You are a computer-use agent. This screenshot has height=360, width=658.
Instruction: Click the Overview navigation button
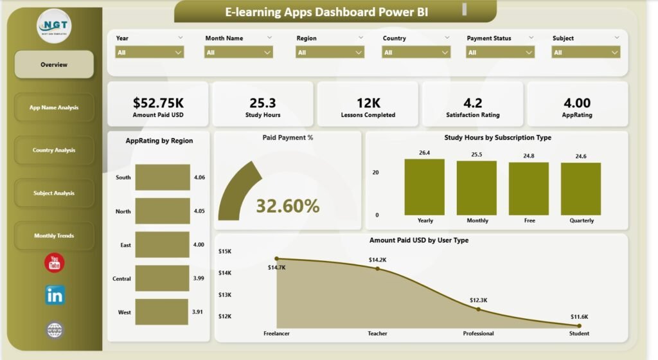54,64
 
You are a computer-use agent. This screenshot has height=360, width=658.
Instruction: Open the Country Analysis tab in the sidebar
54,150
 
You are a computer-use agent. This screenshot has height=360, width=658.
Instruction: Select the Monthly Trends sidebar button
54,236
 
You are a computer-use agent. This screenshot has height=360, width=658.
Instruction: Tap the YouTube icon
55,263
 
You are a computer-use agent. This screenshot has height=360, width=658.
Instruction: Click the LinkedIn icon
55,295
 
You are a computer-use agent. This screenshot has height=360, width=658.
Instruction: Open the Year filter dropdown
150,53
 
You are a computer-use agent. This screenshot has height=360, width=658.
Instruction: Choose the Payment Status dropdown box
501,53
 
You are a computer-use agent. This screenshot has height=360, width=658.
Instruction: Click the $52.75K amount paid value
157,103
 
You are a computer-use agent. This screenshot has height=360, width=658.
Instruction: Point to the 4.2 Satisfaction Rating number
473,103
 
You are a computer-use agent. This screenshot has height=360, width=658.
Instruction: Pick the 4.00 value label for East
199,245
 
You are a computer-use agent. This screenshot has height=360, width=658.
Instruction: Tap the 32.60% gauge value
287,206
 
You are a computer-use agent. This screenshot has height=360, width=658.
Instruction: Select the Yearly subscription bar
425,187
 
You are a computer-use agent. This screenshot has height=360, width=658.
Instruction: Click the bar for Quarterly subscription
581,189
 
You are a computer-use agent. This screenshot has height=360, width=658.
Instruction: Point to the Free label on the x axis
529,221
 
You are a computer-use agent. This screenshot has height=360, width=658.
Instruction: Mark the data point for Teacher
378,269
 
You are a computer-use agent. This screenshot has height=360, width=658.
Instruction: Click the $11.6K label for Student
580,317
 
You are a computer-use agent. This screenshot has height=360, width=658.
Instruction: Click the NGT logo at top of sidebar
54,27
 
